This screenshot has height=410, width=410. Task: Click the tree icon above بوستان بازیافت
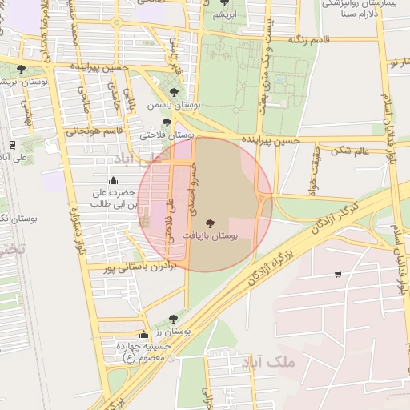[x=211, y=224]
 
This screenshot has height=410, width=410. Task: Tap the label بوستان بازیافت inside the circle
[x=211, y=237]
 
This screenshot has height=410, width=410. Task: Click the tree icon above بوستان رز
[x=173, y=319]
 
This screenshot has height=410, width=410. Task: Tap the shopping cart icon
[x=338, y=275]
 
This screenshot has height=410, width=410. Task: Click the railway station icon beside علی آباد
[x=12, y=145]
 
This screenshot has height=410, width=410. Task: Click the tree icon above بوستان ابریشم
[x=20, y=70]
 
